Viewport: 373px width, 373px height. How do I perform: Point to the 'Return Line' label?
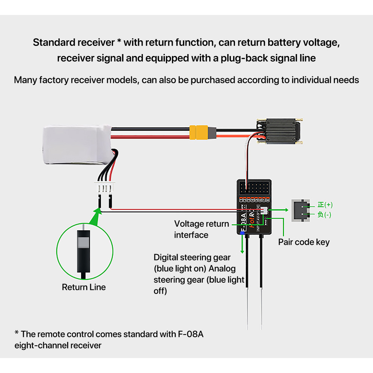click(84, 287)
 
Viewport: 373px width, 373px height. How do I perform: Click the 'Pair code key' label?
click(304, 242)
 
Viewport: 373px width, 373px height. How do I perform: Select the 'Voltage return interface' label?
click(201, 229)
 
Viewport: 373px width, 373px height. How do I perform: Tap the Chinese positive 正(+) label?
click(325, 205)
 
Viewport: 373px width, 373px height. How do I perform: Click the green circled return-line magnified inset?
click(84, 250)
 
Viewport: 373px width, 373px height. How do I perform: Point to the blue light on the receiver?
click(242, 233)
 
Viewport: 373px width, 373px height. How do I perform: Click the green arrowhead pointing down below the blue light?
click(242, 250)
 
